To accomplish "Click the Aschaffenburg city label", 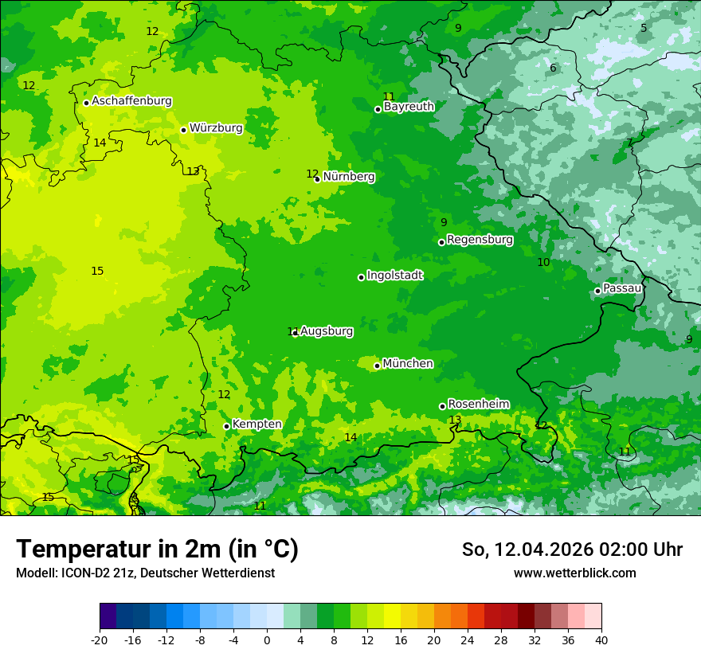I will pos(131,101).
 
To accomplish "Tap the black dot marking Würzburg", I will pos(183,130).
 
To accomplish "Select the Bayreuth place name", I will pos(409,106).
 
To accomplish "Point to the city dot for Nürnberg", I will pos(317,179).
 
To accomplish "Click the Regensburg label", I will pos(480,239).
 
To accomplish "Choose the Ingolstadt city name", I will pos(394,276).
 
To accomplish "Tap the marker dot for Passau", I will pos(597,291).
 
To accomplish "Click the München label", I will pos(408,364).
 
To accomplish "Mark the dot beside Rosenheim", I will pos(442,406).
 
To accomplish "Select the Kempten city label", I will pos(257,424).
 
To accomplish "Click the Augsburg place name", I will pos(327,331).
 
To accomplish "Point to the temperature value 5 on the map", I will pos(644,28).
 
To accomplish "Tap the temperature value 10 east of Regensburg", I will pos(543,262).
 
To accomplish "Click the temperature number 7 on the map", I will pos(629,143).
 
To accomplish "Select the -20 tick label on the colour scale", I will pos(100,640).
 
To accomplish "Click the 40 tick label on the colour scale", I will pos(601,640).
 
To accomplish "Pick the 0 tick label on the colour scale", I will pos(267,640).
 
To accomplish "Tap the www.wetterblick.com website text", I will pos(574,573).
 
